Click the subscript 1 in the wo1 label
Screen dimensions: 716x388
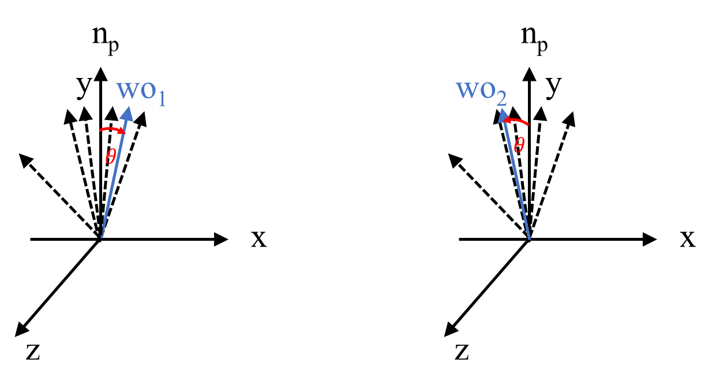pyautogui.click(x=162, y=98)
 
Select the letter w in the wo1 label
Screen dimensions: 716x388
pyautogui.click(x=127, y=89)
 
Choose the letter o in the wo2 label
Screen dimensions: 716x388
pyautogui.click(x=486, y=90)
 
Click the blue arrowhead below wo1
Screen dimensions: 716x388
pyautogui.click(x=128, y=113)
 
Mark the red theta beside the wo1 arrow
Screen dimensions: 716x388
pyautogui.click(x=110, y=156)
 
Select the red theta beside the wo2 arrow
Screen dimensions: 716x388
pyautogui.click(x=519, y=145)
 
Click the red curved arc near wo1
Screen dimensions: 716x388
pyautogui.click(x=110, y=129)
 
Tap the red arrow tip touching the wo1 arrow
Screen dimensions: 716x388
pyautogui.click(x=122, y=132)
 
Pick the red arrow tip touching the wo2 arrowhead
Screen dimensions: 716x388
pyautogui.click(x=505, y=120)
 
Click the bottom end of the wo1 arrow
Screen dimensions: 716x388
pyautogui.click(x=102, y=236)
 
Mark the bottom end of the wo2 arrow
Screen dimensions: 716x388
pyautogui.click(x=528, y=237)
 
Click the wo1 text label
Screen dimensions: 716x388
pyautogui.click(x=141, y=91)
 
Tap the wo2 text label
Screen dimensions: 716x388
pyautogui.click(x=482, y=91)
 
